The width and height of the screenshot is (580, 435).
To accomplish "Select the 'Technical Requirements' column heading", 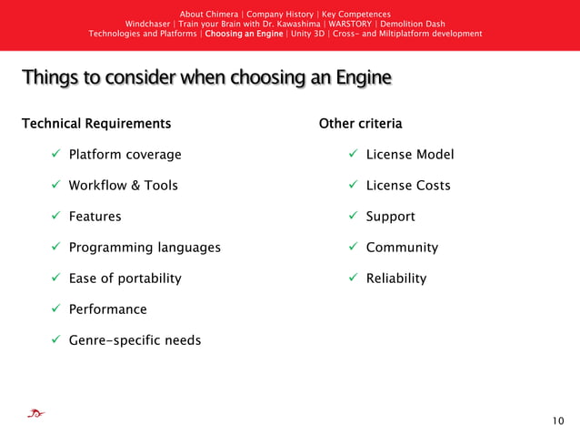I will click(95, 123).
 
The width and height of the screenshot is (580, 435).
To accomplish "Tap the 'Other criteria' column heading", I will click(360, 123).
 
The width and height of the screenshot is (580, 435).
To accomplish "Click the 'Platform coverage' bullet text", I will click(125, 155).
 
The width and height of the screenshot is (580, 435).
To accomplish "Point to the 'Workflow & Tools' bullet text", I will click(123, 186).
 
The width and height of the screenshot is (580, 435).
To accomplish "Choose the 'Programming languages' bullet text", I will click(144, 248).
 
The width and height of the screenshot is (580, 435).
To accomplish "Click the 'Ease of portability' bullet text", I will click(125, 278).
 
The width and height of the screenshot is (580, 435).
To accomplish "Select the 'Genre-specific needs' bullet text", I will click(135, 340).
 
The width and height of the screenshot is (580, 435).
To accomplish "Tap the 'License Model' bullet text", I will click(409, 155).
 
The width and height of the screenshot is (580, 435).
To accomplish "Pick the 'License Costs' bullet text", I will click(407, 186).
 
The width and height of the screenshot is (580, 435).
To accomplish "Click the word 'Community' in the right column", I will click(402, 248).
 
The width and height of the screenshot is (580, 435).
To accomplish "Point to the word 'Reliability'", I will click(395, 278).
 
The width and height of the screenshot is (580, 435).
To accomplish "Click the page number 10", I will click(557, 420).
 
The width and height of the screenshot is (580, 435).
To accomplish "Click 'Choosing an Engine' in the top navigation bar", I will click(244, 34).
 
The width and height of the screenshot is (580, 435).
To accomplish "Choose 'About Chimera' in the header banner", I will click(209, 14).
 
